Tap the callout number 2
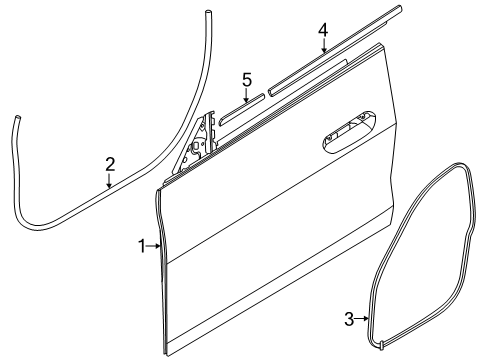[x=110, y=162]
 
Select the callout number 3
[x=349, y=319]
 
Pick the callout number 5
[x=246, y=79]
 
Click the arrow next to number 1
[x=153, y=244]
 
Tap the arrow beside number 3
[x=361, y=319]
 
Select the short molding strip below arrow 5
[x=241, y=107]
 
